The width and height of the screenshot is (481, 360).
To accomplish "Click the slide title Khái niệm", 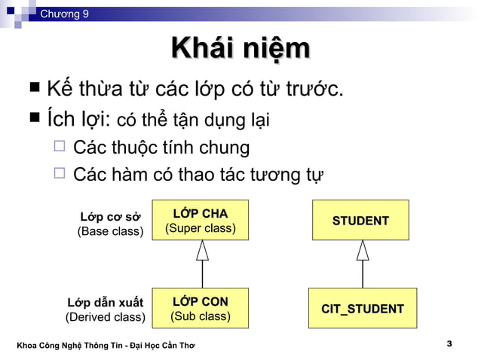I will coord(240,50).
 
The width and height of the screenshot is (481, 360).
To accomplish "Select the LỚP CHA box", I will coord(201,219).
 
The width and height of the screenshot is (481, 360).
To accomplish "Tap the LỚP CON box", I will coord(201,308).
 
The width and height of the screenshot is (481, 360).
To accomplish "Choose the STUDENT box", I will coord(360,220).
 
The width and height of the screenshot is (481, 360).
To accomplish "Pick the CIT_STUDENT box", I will coord(362,309).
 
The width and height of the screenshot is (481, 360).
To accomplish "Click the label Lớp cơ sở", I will coord(111,218).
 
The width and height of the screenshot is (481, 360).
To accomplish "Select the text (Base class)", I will coord(111,231).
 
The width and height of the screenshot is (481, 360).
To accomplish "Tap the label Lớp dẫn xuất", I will coord(106,303).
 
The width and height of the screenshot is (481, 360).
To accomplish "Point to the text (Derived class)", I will coord(106,317).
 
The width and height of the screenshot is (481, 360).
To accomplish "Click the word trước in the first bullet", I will coord(314,91).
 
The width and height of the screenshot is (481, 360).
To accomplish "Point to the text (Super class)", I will coord(201,227).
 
